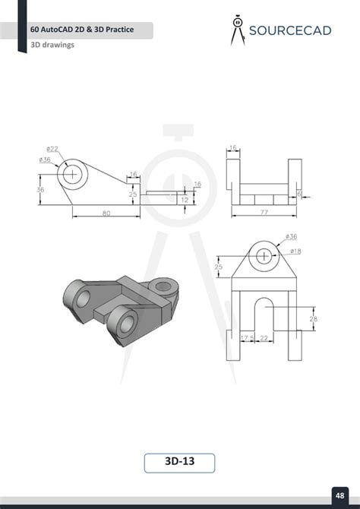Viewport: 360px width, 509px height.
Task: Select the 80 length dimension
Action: [x=106, y=213]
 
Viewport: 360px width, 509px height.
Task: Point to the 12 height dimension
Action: [x=184, y=199]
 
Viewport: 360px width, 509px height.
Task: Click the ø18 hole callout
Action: [x=295, y=251]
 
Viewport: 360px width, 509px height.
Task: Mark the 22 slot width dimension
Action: [x=264, y=338]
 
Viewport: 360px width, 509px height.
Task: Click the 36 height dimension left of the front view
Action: [x=40, y=190]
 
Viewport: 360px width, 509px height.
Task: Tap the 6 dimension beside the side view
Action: [x=301, y=194]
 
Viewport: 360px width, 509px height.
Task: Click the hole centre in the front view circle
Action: [x=73, y=173]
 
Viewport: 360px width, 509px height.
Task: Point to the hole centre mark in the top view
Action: [x=263, y=256]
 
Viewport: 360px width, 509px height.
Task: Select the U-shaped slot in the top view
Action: [x=263, y=319]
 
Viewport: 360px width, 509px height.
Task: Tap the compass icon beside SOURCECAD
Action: [x=238, y=30]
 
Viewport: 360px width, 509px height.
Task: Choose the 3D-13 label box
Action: [x=179, y=463]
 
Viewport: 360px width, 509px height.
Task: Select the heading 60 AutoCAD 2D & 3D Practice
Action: [x=81, y=30]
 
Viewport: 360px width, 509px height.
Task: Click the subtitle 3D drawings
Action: [x=52, y=45]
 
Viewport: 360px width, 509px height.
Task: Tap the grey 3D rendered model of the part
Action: [x=122, y=302]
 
